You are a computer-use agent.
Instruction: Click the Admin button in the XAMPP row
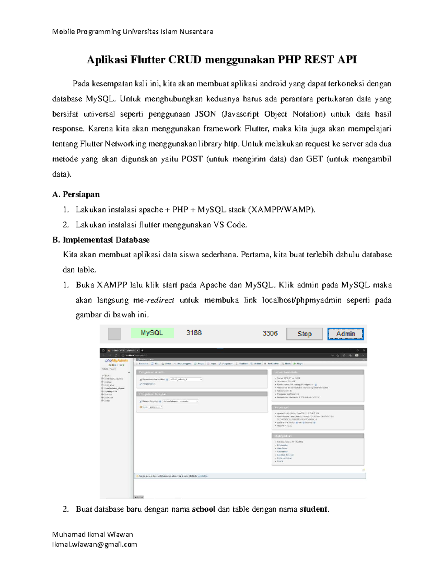(x=345, y=334)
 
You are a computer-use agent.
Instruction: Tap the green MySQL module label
(x=152, y=333)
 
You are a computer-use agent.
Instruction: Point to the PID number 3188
(x=194, y=333)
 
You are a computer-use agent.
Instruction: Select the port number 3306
(x=270, y=333)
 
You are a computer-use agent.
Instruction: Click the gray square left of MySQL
(x=114, y=334)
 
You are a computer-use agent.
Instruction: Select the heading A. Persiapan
(x=76, y=194)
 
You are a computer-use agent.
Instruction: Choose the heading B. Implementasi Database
(x=101, y=240)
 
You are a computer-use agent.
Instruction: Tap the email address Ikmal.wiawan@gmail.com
(x=95, y=544)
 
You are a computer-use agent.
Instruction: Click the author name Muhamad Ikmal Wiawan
(x=92, y=534)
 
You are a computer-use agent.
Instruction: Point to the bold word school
(x=203, y=509)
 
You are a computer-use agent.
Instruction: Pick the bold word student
(x=313, y=509)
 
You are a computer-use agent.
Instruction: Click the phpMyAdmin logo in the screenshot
(x=117, y=360)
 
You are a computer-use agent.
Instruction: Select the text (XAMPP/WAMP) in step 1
(x=282, y=210)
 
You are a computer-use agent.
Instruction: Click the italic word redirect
(x=161, y=300)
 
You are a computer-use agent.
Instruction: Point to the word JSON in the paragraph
(x=205, y=114)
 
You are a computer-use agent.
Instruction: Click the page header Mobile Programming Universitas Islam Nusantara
(x=132, y=31)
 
